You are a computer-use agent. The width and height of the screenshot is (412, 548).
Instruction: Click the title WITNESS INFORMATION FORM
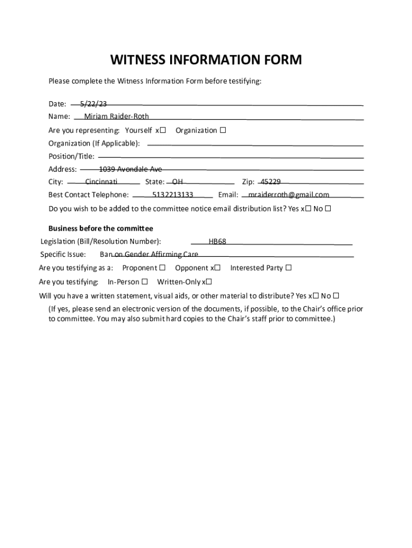pyautogui.click(x=206, y=59)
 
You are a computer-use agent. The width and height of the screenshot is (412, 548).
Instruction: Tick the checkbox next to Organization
pyautogui.click(x=223, y=130)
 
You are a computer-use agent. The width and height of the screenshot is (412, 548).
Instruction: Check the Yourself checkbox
pyautogui.click(x=163, y=130)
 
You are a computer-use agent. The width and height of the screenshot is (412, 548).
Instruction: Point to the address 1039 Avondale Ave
pyautogui.click(x=131, y=169)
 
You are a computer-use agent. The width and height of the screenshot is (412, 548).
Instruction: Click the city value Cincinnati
pyautogui.click(x=101, y=182)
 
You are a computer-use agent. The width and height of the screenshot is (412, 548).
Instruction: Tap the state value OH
pyautogui.click(x=177, y=182)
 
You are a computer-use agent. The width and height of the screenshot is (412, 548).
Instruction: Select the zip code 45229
pyautogui.click(x=271, y=182)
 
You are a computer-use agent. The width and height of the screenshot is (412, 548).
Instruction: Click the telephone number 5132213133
pyautogui.click(x=172, y=195)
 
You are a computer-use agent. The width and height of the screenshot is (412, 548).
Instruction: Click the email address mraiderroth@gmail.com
pyautogui.click(x=289, y=195)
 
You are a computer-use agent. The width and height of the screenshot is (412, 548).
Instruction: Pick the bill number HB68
pyautogui.click(x=217, y=241)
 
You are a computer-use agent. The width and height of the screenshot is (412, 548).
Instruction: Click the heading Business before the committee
pyautogui.click(x=101, y=228)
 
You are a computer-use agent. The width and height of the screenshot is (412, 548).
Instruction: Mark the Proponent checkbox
pyautogui.click(x=162, y=268)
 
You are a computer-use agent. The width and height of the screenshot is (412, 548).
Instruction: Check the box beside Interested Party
pyautogui.click(x=288, y=268)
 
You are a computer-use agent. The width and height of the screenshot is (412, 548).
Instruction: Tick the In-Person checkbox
pyautogui.click(x=144, y=281)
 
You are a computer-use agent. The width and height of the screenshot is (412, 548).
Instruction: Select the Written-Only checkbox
pyautogui.click(x=209, y=281)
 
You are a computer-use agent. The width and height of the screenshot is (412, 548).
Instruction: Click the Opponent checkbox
pyautogui.click(x=217, y=268)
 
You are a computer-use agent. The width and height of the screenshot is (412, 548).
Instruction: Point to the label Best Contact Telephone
pyautogui.click(x=88, y=195)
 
